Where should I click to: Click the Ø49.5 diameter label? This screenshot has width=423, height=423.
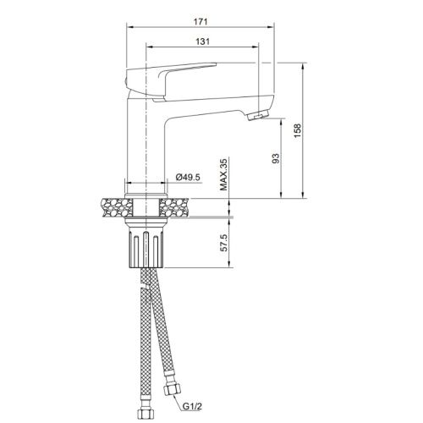click(187, 176)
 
